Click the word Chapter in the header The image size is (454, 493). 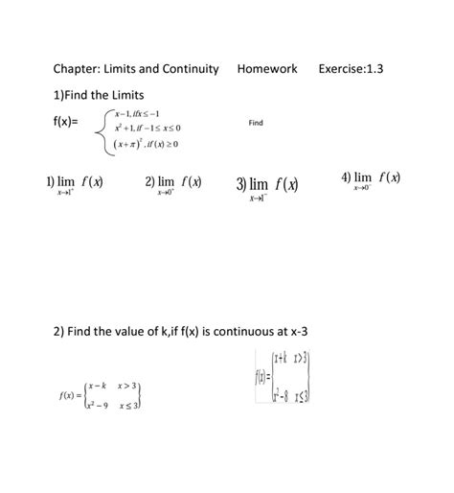pyautogui.click(x=79, y=69)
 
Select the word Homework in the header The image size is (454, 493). pyautogui.click(x=267, y=69)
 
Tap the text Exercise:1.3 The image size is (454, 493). pyautogui.click(x=357, y=69)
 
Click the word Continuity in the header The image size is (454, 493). pyautogui.click(x=188, y=69)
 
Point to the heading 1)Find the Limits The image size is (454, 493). pyautogui.click(x=99, y=95)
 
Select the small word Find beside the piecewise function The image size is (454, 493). pyautogui.click(x=255, y=124)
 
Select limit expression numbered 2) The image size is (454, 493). pyautogui.click(x=173, y=184)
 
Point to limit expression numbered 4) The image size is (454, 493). pyautogui.click(x=371, y=180)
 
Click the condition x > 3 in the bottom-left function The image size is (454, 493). pyautogui.click(x=128, y=387)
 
